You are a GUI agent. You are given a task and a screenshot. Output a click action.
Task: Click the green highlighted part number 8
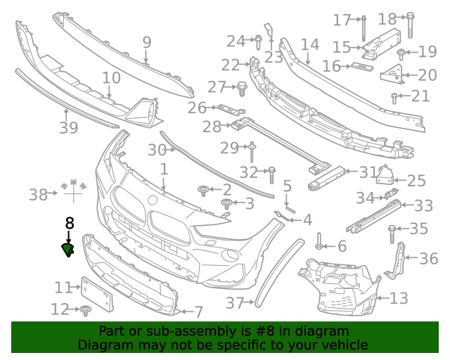(68, 249)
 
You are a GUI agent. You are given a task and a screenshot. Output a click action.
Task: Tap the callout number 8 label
(69, 224)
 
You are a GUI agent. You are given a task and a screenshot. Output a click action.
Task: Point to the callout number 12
(60, 309)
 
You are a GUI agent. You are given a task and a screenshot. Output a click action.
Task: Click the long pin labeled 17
(365, 27)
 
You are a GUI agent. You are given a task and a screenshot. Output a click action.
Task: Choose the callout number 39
(68, 127)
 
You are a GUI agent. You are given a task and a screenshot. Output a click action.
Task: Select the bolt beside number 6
(319, 244)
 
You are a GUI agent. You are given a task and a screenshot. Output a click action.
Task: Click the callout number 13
(399, 298)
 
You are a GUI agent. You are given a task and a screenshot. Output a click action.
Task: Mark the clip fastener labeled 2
(205, 189)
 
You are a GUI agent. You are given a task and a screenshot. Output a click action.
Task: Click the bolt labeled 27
(242, 88)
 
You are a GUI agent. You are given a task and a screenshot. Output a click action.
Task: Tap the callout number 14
(309, 45)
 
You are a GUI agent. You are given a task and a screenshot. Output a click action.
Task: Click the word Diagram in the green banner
(101, 345)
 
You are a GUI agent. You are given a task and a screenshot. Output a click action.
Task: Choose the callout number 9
(146, 42)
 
